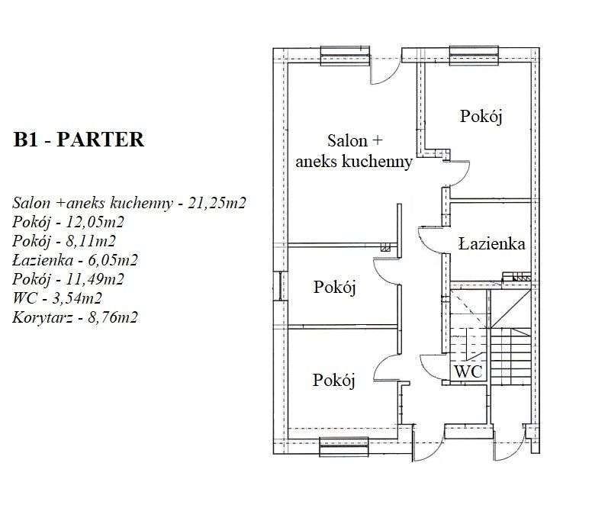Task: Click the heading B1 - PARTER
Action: [x=79, y=140]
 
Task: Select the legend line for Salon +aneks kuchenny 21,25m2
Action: [x=132, y=204]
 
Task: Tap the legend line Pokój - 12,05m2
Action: [x=68, y=223]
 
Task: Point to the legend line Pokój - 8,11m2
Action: [x=65, y=242]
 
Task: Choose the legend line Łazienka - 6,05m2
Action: [x=75, y=261]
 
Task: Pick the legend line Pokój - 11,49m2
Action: [x=68, y=279]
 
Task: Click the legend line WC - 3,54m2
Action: [x=57, y=297]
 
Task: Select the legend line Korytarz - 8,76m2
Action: [x=75, y=317]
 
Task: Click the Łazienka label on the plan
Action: [x=491, y=244]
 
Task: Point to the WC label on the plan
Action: [x=467, y=371]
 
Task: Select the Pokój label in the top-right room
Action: [x=483, y=116]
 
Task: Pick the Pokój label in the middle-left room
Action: [x=335, y=288]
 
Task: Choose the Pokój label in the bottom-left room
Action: [x=335, y=380]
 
